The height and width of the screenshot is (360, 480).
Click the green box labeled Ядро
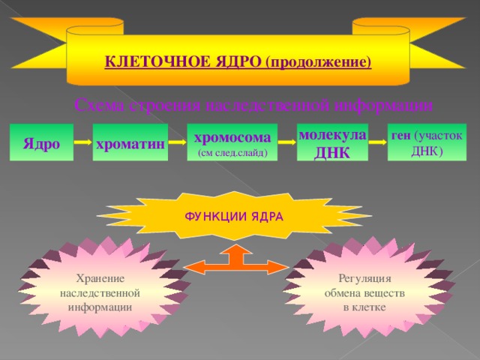41,142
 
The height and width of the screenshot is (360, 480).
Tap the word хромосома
232,136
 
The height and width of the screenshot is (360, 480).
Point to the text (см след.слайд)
232,152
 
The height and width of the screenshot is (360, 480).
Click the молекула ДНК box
332,142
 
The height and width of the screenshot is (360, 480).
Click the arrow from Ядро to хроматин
83,142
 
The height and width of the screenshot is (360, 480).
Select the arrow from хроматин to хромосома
177,142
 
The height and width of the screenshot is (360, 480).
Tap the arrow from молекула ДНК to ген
377,142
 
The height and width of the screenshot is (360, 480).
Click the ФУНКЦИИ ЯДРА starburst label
233,217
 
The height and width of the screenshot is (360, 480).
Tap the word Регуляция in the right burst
364,278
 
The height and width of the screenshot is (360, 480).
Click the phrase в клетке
364,307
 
